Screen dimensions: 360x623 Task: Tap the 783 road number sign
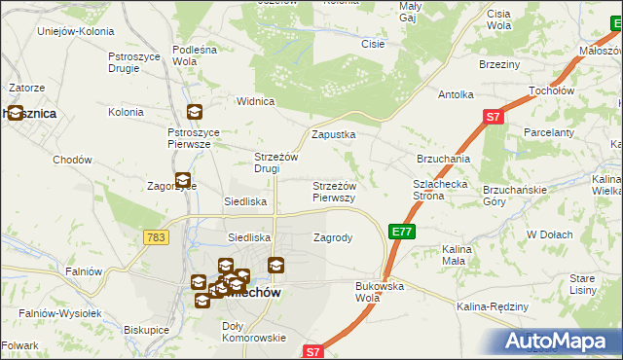(154, 236)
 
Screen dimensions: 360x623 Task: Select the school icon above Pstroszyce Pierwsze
(195, 112)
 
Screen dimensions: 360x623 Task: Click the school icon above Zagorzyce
(182, 179)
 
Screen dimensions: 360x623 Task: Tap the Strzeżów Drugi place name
(275, 162)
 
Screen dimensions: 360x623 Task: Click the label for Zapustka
(333, 134)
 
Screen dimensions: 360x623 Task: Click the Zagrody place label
(333, 236)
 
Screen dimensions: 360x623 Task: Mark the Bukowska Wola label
(380, 292)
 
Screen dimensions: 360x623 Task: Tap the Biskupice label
(146, 329)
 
